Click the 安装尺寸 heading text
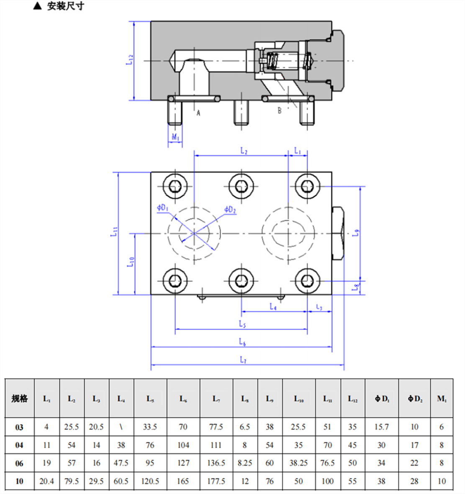[65, 6]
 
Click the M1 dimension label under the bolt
[175, 137]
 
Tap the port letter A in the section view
[198, 113]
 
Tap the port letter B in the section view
[280, 110]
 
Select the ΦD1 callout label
[162, 207]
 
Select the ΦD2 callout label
[230, 210]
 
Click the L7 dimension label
[243, 359]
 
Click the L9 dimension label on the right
[356, 233]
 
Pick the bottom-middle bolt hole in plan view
[241, 281]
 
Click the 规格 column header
[19, 398]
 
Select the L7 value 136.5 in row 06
[216, 463]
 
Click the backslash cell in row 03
[121, 427]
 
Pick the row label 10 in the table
[19, 481]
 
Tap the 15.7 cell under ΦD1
[381, 427]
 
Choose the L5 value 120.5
[150, 481]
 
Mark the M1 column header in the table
[442, 398]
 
